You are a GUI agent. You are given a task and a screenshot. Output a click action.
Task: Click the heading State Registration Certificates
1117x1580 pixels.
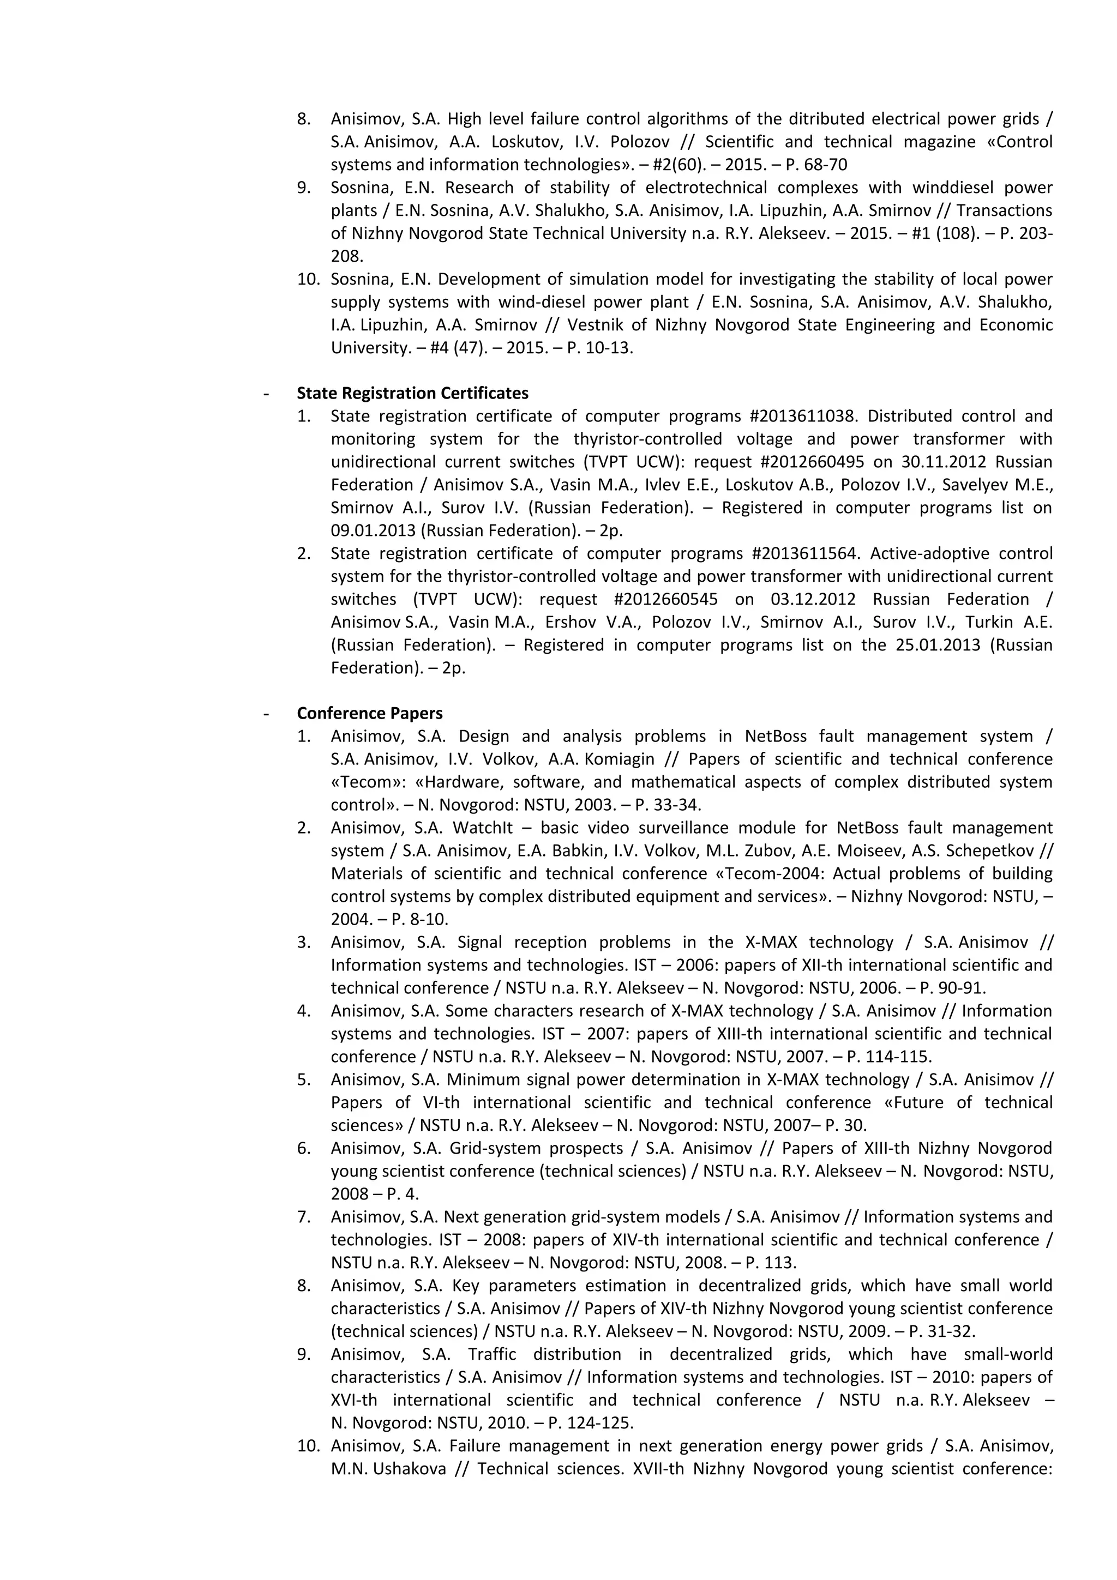pyautogui.click(x=412, y=393)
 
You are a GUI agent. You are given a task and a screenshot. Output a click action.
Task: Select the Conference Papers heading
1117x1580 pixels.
pyautogui.click(x=370, y=713)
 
